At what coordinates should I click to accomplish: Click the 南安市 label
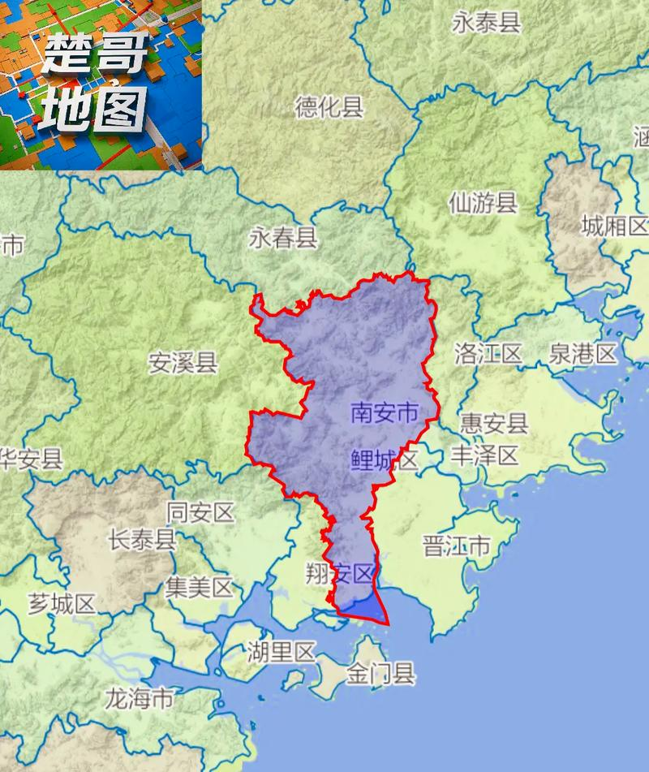[385, 413]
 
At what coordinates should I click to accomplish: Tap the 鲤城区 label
[385, 460]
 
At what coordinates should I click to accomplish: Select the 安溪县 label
[183, 362]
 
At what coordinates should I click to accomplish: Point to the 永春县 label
[283, 239]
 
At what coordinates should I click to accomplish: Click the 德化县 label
[329, 107]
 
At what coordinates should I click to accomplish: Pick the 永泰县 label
[486, 23]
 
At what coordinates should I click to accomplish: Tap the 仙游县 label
[484, 203]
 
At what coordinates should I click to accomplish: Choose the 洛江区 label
[488, 353]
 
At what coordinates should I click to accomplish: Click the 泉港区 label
[583, 353]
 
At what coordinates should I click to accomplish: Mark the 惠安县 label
[494, 422]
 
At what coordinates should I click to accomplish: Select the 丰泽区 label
[484, 455]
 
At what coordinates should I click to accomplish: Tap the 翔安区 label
[340, 575]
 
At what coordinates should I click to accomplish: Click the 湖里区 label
[281, 651]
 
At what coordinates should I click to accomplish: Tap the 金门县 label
[380, 674]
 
